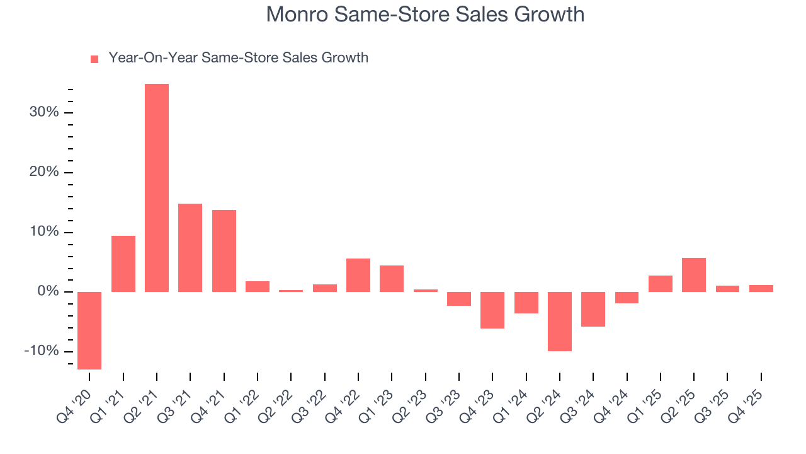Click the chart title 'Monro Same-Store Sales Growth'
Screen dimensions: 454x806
[425, 15]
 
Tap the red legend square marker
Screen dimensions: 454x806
[94, 59]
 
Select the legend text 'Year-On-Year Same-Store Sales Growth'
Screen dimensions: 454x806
[238, 58]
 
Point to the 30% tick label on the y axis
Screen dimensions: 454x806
[44, 113]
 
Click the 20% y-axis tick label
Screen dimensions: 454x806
[44, 173]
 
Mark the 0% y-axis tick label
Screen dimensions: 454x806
[48, 292]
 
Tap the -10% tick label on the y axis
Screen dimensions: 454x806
[42, 351]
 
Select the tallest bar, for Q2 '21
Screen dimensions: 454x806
[157, 188]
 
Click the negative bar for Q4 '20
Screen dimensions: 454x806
[89, 330]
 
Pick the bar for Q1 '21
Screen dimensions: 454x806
[123, 264]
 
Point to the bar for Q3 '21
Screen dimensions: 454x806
[190, 248]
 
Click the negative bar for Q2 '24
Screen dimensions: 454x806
[560, 321]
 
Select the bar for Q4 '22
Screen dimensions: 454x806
[358, 275]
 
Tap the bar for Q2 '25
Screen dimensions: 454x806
[694, 275]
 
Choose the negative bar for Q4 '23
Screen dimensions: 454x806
[492, 310]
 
